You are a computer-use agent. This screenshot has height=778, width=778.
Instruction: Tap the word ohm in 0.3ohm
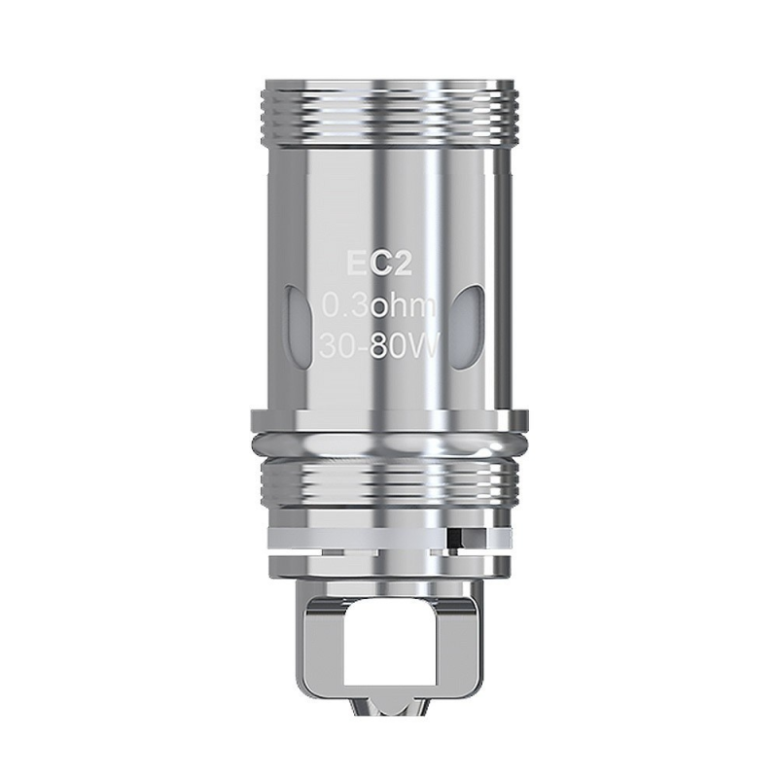point(410,309)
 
